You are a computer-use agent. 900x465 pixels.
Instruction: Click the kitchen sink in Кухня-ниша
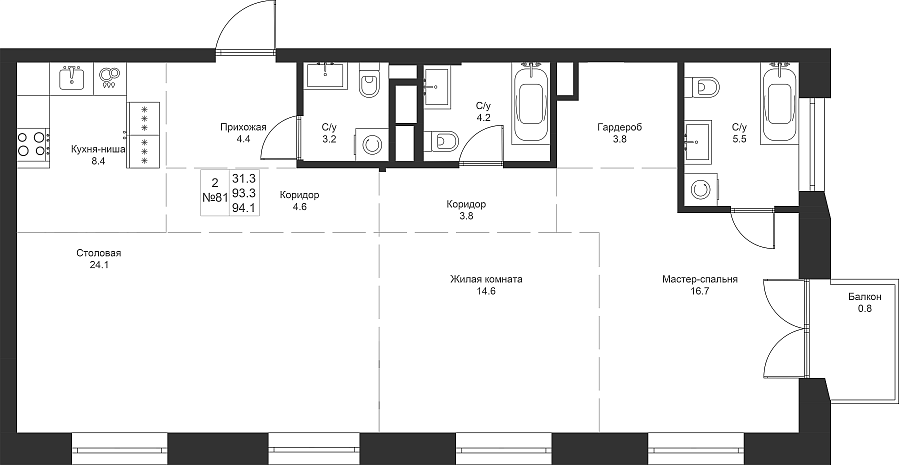point(72,78)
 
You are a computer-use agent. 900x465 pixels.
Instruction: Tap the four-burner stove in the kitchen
point(33,144)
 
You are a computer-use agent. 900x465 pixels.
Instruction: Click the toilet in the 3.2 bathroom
point(370,84)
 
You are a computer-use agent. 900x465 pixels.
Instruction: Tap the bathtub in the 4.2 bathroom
point(530,103)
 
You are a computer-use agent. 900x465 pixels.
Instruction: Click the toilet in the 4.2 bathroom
point(442,140)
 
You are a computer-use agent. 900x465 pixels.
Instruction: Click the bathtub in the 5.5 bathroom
point(779,103)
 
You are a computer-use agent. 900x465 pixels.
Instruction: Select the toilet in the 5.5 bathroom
point(704,87)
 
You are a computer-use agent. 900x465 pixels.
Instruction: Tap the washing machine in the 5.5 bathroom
point(700,188)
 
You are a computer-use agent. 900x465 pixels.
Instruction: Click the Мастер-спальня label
point(699,280)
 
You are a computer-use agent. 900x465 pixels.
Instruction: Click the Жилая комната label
point(486,280)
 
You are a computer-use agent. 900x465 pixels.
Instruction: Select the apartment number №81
point(215,197)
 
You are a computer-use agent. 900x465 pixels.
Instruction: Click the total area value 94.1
point(244,209)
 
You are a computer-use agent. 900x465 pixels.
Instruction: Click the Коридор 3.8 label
point(466,210)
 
